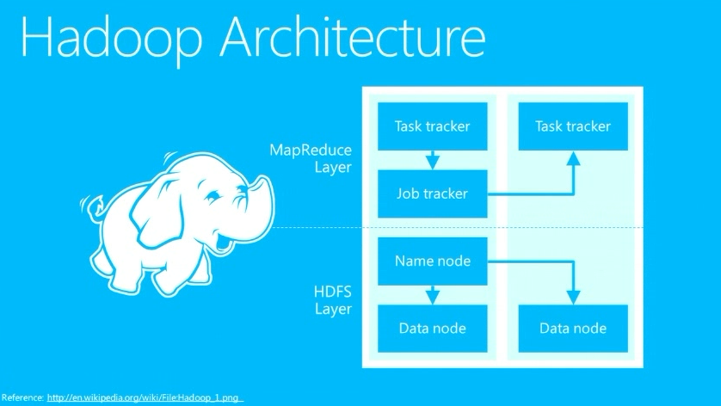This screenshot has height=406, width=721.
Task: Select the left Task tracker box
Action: pos(432,126)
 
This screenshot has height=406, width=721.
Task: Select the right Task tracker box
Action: pos(572,126)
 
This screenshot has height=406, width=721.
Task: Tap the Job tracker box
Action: pos(432,194)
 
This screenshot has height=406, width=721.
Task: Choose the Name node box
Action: pos(432,261)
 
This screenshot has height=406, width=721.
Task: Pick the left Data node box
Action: pos(432,328)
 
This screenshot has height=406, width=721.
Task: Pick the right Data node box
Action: pos(572,328)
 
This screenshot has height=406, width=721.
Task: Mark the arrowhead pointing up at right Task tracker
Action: pos(572,157)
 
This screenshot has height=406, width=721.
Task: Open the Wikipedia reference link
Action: pos(145,397)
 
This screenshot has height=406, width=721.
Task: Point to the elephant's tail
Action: pos(89,206)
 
